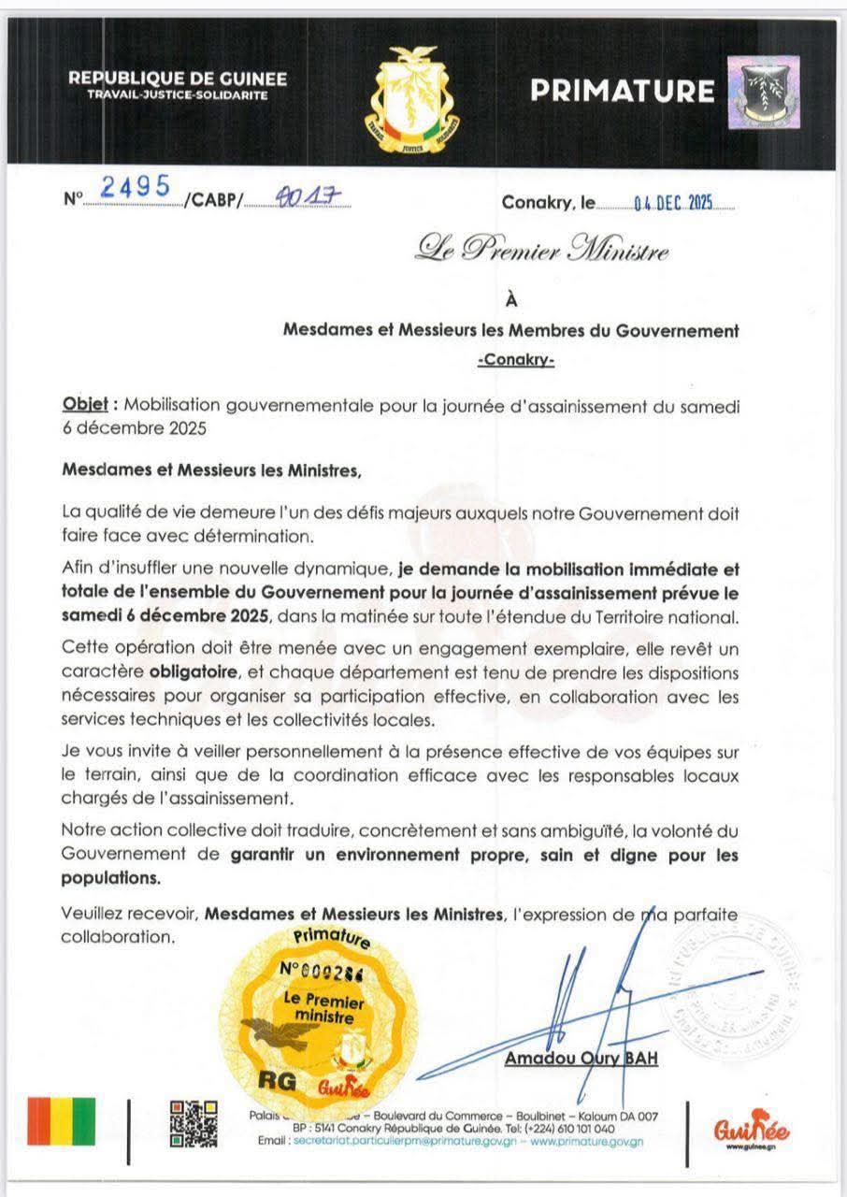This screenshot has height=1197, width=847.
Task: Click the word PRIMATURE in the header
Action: [x=623, y=91]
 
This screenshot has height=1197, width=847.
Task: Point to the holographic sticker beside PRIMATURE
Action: [x=763, y=92]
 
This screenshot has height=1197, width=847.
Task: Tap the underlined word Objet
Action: [x=85, y=405]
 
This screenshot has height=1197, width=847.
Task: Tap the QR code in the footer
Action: [x=194, y=1123]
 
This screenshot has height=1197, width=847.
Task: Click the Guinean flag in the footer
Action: [x=61, y=1121]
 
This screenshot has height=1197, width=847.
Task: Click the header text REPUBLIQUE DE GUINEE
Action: [x=177, y=79]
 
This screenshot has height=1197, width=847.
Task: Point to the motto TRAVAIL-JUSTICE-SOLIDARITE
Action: [x=178, y=95]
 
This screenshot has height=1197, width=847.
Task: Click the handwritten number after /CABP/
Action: [x=299, y=198]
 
